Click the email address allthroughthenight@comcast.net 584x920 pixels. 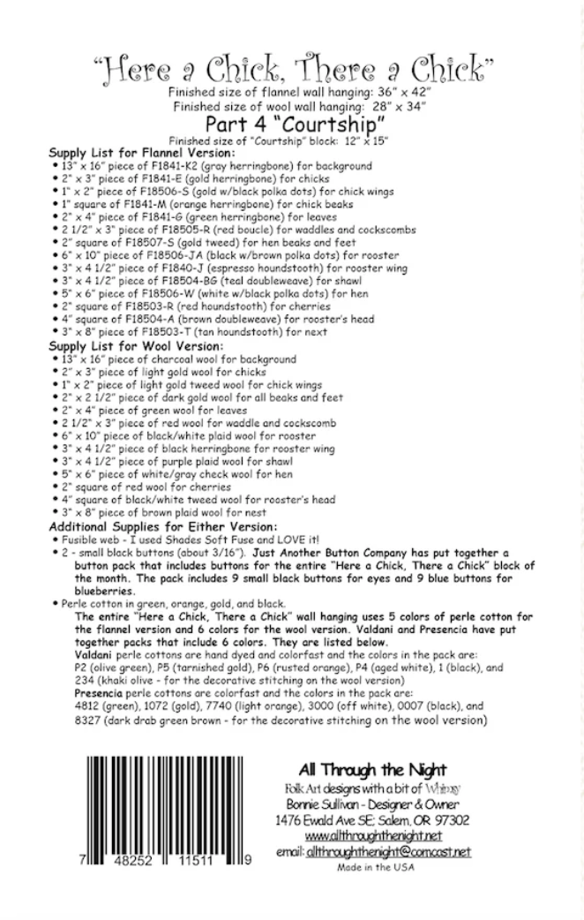[x=389, y=851]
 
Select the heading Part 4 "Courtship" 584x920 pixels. [x=291, y=123]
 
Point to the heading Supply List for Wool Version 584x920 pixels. [x=124, y=347]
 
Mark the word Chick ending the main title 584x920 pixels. [x=447, y=64]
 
